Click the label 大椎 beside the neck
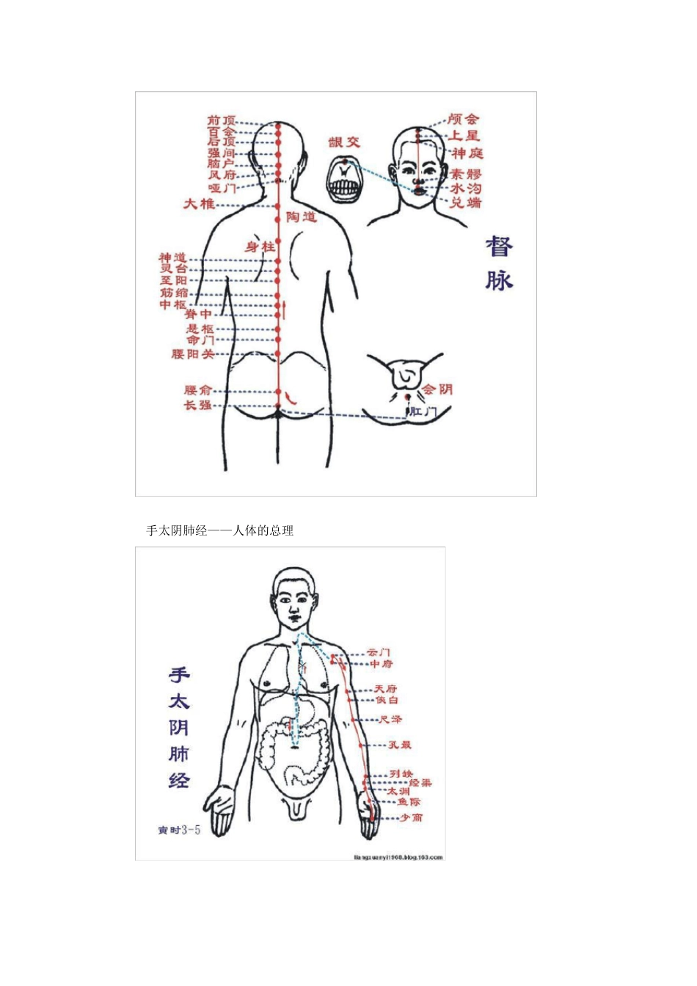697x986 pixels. pyautogui.click(x=199, y=203)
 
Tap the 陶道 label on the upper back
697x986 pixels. pyautogui.click(x=301, y=216)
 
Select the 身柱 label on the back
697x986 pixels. pyautogui.click(x=260, y=247)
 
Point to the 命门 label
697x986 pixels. pyautogui.click(x=200, y=340)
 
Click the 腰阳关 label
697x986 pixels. pyautogui.click(x=193, y=354)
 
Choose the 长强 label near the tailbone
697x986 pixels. pyautogui.click(x=198, y=405)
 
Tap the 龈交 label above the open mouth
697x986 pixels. pyautogui.click(x=344, y=142)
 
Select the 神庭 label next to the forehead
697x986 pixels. pyautogui.click(x=467, y=153)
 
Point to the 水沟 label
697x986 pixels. pyautogui.click(x=466, y=189)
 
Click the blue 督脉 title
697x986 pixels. pyautogui.click(x=499, y=263)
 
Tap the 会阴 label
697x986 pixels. pyautogui.click(x=437, y=389)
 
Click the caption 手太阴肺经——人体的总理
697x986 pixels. pyautogui.click(x=220, y=530)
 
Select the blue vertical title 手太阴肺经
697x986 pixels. pyautogui.click(x=179, y=727)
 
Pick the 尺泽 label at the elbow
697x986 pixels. pyautogui.click(x=390, y=720)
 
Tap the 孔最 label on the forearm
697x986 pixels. pyautogui.click(x=400, y=745)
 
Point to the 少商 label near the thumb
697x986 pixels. pyautogui.click(x=411, y=817)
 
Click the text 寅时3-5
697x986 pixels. pyautogui.click(x=179, y=830)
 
